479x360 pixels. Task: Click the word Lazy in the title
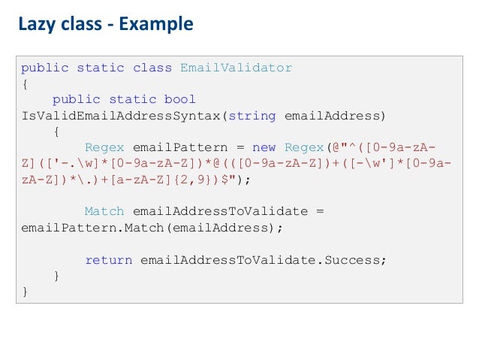coord(35,25)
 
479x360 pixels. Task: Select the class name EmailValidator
coord(236,68)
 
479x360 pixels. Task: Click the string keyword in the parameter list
coord(252,115)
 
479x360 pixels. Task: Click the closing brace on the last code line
coord(25,292)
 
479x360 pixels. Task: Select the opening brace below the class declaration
coord(25,83)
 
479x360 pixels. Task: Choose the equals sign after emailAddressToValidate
coord(319,212)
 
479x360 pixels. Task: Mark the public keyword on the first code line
coord(44,68)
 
